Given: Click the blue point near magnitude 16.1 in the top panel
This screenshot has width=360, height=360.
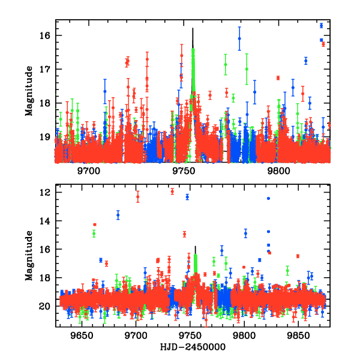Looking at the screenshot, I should (x=239, y=38).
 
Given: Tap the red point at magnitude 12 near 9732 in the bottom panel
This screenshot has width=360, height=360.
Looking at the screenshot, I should (x=172, y=191).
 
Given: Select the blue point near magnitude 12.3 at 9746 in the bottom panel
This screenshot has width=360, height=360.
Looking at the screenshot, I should (x=187, y=197).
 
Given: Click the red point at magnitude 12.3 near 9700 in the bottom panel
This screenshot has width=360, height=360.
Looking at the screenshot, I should (x=138, y=197).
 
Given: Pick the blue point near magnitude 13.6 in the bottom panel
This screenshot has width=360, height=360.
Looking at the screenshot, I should (x=118, y=215).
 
